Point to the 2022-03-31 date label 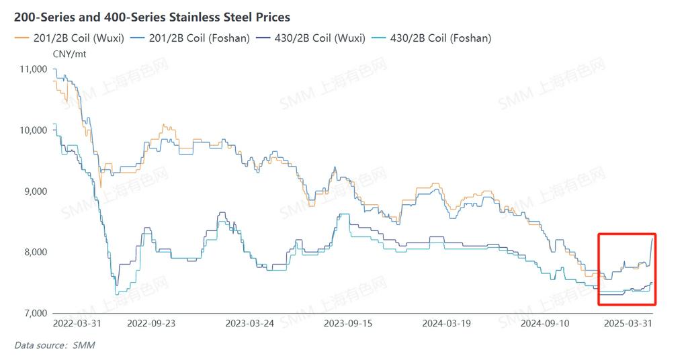77,323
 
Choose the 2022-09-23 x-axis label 151,323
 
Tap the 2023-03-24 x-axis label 251,323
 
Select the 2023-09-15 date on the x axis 348,323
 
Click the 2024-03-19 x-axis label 447,323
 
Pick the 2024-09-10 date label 545,323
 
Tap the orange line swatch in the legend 21,38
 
